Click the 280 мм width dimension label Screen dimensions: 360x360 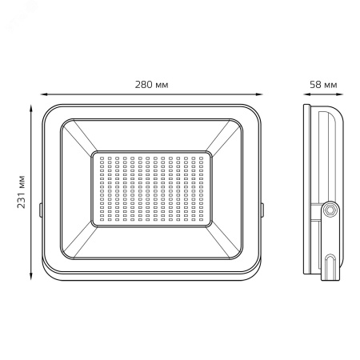151,85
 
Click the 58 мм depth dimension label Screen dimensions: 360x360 323,85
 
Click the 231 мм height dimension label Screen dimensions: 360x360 21,192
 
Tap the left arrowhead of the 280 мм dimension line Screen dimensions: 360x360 44,94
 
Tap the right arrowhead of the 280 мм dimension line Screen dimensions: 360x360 259,94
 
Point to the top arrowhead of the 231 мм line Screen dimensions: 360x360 31,108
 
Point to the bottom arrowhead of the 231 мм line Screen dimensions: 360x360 31,276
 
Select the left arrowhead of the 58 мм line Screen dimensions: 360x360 307,94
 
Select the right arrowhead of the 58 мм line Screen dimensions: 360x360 339,94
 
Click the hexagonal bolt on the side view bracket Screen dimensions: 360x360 330,210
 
